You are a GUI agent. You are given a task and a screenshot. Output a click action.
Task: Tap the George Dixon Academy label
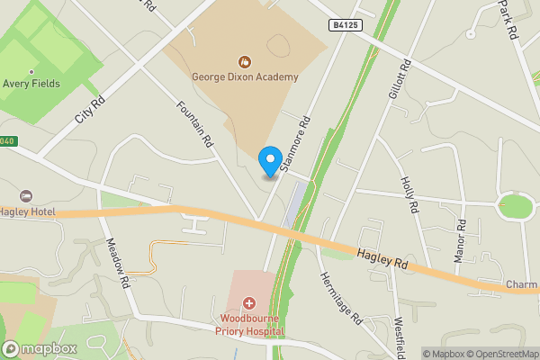coord(244,77)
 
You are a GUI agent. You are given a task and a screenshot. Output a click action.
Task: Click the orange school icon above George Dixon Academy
coord(244,61)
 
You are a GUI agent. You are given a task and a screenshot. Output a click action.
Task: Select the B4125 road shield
coord(346,25)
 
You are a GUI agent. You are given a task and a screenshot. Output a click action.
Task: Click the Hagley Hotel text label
coord(28,211)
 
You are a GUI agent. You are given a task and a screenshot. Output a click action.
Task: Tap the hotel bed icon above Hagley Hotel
coord(27,196)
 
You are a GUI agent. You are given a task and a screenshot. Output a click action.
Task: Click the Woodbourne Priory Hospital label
coord(248,325)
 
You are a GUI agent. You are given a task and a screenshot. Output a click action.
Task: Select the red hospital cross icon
coord(248,304)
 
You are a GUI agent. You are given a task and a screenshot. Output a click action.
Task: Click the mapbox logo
coord(40,348)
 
